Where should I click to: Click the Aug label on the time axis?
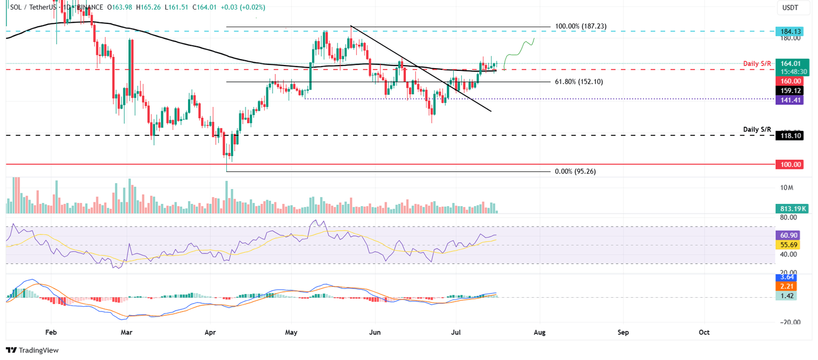coord(540,332)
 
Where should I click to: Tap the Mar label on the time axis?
coord(127,332)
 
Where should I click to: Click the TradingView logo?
coord(32,350)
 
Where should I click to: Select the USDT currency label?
coord(790,7)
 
